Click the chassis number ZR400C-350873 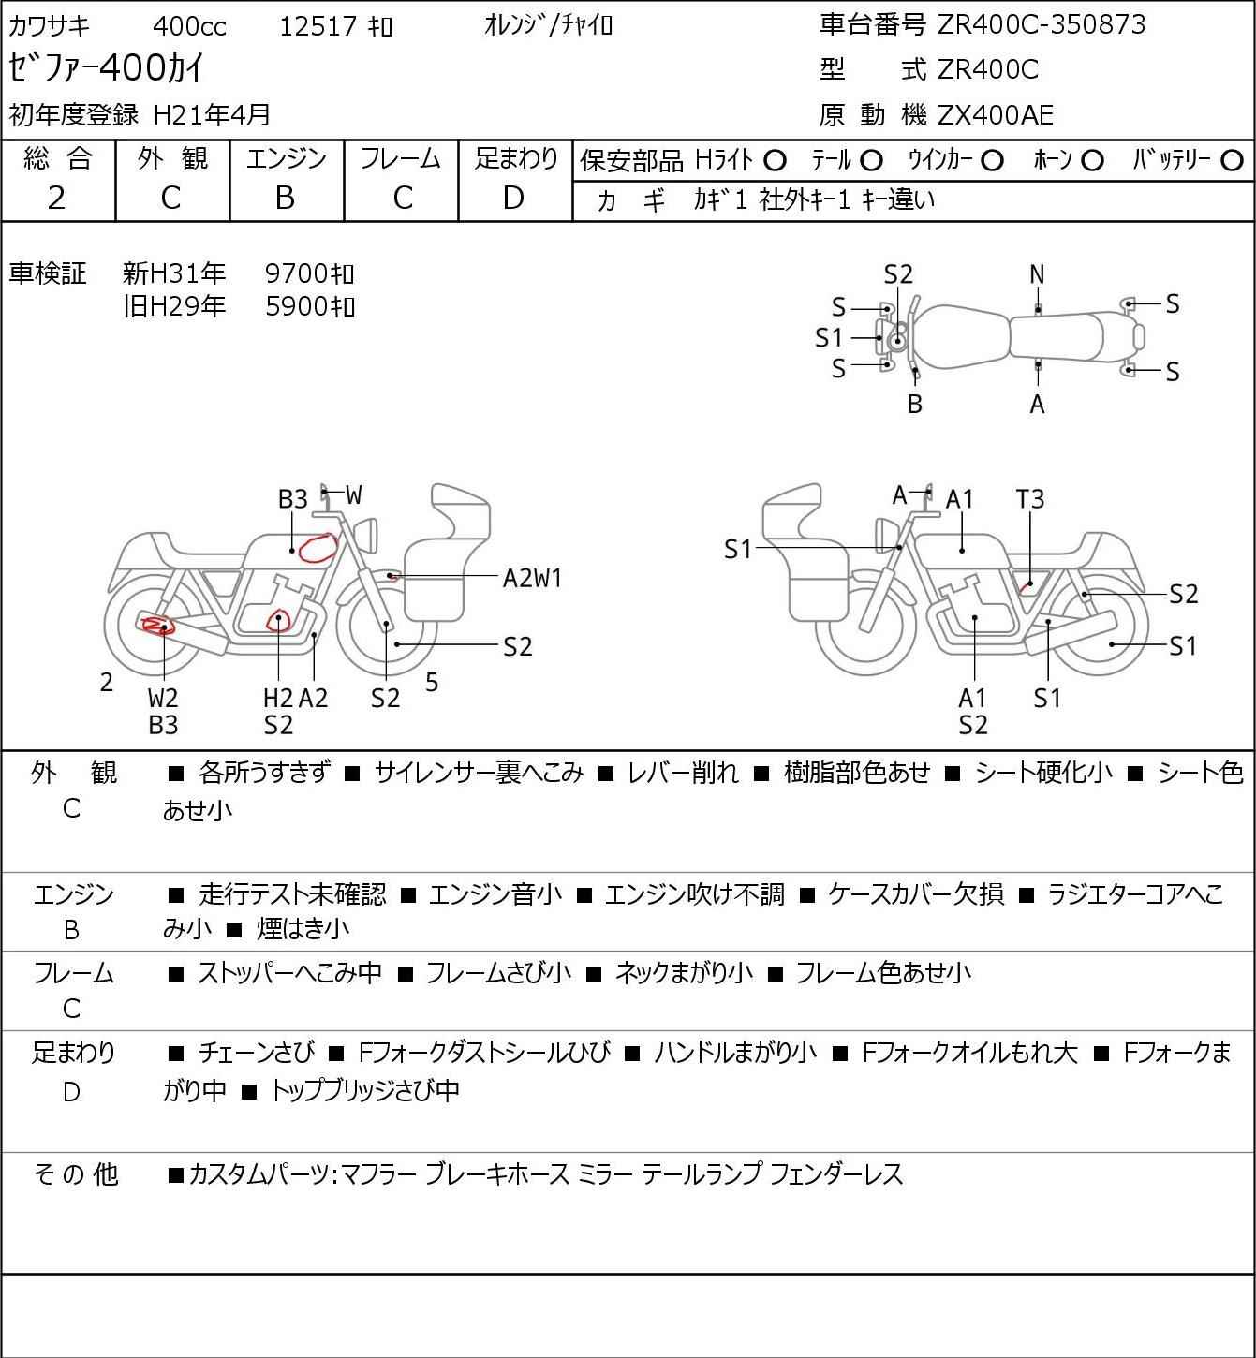click(x=1042, y=24)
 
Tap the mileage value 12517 click(x=319, y=26)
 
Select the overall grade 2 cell click(x=57, y=198)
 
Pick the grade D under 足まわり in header click(x=513, y=198)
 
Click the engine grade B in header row click(x=286, y=198)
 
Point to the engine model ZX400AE click(x=996, y=115)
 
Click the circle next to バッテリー click(x=1233, y=161)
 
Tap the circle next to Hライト click(x=775, y=161)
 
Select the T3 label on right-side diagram click(x=1029, y=499)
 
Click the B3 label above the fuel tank click(x=293, y=499)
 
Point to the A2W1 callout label click(x=532, y=578)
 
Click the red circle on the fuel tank click(x=318, y=547)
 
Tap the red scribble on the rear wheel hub click(x=155, y=626)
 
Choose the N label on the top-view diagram click(x=1037, y=274)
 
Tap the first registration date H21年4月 click(x=213, y=114)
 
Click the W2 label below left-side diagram click(x=163, y=698)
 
